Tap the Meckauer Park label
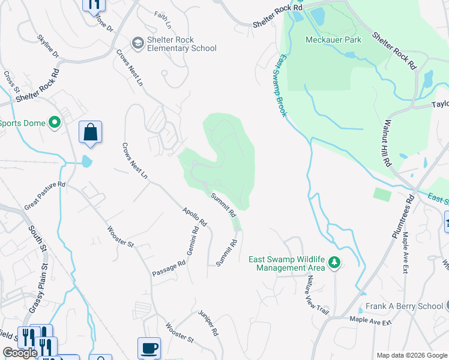tap(333, 40)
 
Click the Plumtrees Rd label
tap(403, 216)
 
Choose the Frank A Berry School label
tap(403, 306)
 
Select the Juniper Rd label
tap(208, 323)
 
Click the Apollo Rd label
tap(195, 217)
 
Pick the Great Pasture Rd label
tap(45, 196)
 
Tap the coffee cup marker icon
tap(149, 347)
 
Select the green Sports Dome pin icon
tap(55, 123)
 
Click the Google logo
tap(20, 353)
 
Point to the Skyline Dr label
tap(48, 46)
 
